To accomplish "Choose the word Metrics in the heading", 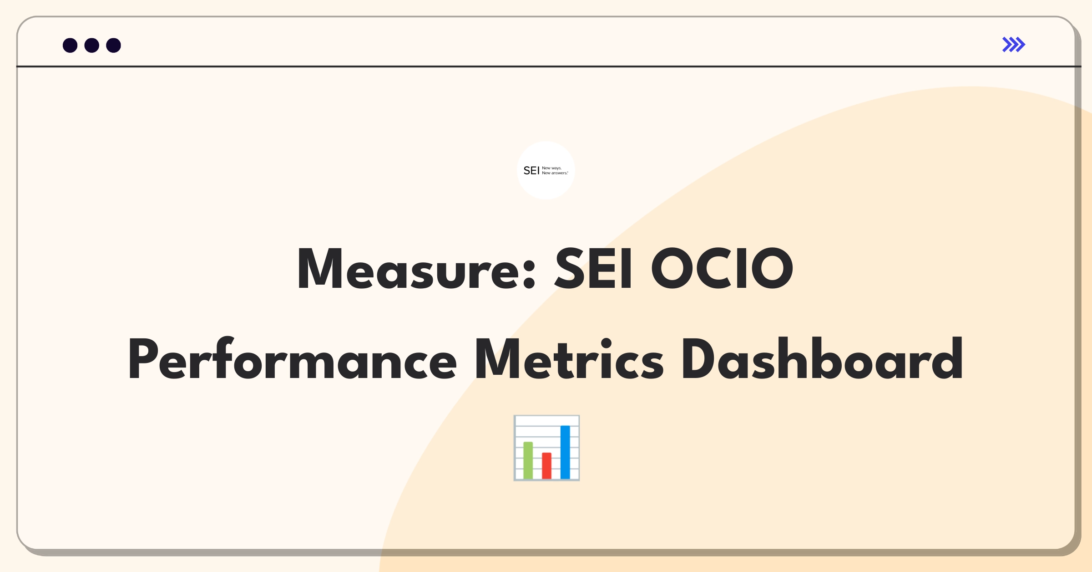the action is (x=569, y=358).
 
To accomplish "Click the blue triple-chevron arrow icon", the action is (x=1014, y=45).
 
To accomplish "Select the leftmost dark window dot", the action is (x=70, y=45).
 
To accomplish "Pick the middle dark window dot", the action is (x=92, y=45).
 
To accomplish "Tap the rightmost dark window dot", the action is (x=114, y=45).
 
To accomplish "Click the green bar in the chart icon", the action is (x=528, y=460).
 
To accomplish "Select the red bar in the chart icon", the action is (x=546, y=466).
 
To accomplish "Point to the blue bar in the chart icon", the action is (x=565, y=452).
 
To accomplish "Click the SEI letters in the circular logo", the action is (x=531, y=171).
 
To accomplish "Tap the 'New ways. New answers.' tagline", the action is (x=555, y=171).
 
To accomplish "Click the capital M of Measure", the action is (x=319, y=268).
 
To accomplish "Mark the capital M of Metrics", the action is (x=497, y=358).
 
